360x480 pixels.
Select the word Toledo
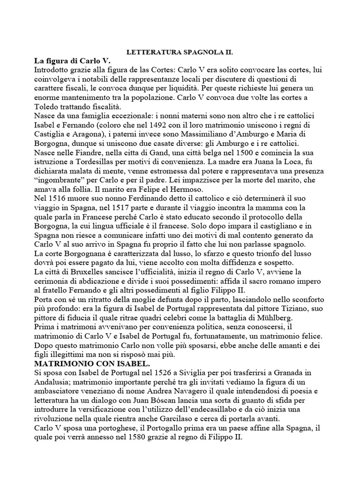pyautogui.click(x=46, y=106)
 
